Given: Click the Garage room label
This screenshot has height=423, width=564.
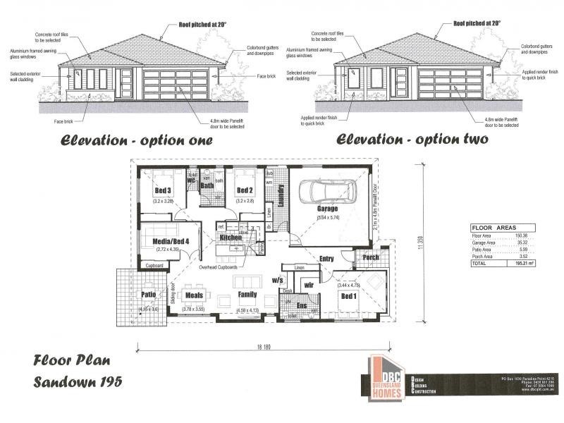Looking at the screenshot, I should pyautogui.click(x=326, y=209).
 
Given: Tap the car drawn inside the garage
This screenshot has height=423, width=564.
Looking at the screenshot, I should pyautogui.click(x=327, y=191).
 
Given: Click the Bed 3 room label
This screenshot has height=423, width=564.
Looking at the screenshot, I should pyautogui.click(x=163, y=190).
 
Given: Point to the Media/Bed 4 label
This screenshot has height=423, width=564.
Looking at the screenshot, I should pyautogui.click(x=169, y=240).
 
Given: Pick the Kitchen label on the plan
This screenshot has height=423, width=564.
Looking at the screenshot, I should pyautogui.click(x=231, y=238).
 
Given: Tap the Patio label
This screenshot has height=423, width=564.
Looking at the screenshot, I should pyautogui.click(x=148, y=295).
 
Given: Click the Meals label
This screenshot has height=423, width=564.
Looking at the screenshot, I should pyautogui.click(x=193, y=295).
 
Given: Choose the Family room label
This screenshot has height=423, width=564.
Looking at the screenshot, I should pyautogui.click(x=247, y=294).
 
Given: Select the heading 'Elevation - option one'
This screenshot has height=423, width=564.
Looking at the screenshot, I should pyautogui.click(x=136, y=140).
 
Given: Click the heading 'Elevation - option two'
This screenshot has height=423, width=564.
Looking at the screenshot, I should pyautogui.click(x=412, y=139).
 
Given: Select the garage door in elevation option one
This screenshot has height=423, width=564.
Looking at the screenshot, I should pyautogui.click(x=176, y=83).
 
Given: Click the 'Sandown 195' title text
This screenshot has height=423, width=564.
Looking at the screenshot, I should pyautogui.click(x=78, y=381).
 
